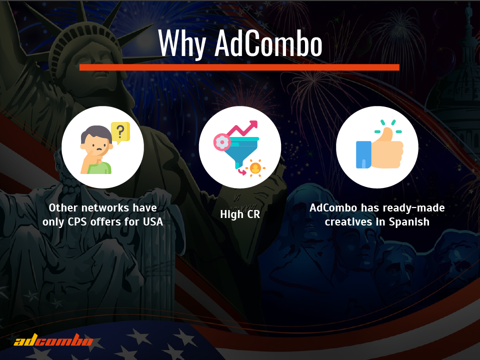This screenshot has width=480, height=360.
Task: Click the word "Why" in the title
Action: tap(182, 43)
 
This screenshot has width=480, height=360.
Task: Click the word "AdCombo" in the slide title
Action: tap(268, 43)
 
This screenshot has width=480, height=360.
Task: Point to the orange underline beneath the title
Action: tap(239, 67)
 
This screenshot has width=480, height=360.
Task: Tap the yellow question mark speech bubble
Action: tap(120, 133)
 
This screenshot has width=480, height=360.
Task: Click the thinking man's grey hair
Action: tap(96, 132)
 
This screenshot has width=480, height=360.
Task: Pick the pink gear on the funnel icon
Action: tap(221, 142)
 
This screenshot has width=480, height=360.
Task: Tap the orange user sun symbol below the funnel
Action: tap(255, 168)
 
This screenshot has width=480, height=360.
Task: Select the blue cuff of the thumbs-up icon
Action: tap(363, 154)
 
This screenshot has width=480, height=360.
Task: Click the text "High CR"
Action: tap(240, 214)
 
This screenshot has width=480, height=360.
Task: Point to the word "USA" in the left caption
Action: tap(153, 221)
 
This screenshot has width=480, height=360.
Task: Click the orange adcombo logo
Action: tap(53, 340)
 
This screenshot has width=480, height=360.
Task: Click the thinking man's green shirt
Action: tap(99, 168)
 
